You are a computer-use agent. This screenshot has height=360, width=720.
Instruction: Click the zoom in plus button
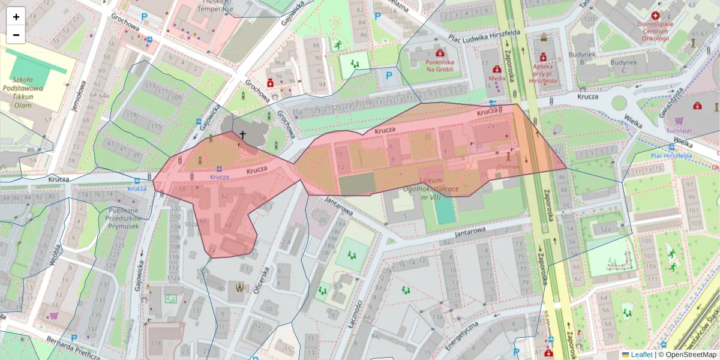(16, 16)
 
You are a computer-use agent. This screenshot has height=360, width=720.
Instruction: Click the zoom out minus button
(16, 35)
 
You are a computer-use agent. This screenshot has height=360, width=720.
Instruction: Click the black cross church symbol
(242, 135)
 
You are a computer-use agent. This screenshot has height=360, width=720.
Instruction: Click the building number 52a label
(605, 230)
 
